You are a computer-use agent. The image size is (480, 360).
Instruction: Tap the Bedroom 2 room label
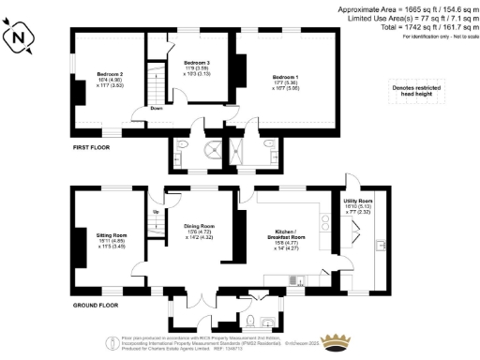click(x=111, y=74)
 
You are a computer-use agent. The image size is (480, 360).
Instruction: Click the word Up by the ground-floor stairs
click(x=155, y=212)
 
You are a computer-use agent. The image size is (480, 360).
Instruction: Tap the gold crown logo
click(x=335, y=340)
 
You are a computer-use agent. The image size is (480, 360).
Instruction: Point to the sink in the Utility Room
click(x=379, y=245)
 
